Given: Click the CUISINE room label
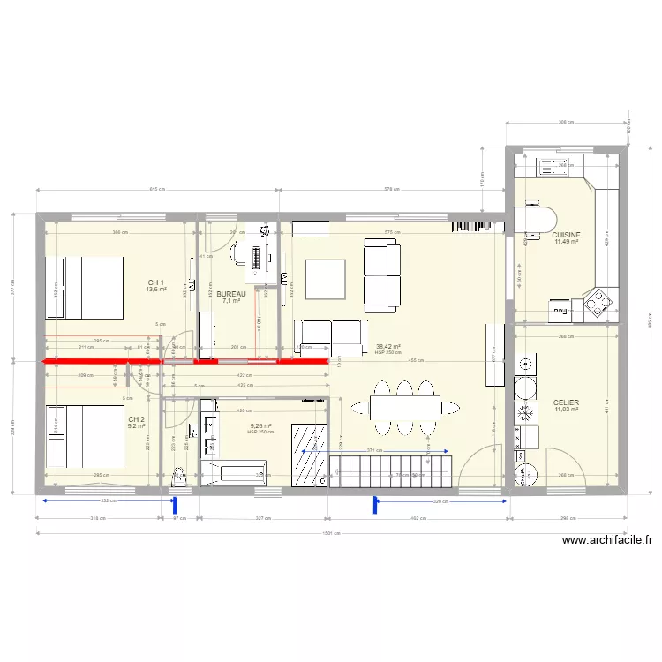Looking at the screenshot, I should (x=566, y=235).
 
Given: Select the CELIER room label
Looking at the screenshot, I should (x=565, y=402).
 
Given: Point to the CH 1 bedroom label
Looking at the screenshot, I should (x=156, y=282).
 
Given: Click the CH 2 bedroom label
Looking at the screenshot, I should (x=136, y=419).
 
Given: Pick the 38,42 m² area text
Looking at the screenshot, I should (x=387, y=347).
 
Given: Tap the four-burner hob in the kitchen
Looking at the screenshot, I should (x=598, y=304).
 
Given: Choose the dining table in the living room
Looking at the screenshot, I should (x=406, y=407).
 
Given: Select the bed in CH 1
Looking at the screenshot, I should (x=85, y=287).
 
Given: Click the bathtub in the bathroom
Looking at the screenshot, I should (x=237, y=472).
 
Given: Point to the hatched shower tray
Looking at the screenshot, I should (x=311, y=452).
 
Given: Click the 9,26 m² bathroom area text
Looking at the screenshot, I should (x=260, y=426).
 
